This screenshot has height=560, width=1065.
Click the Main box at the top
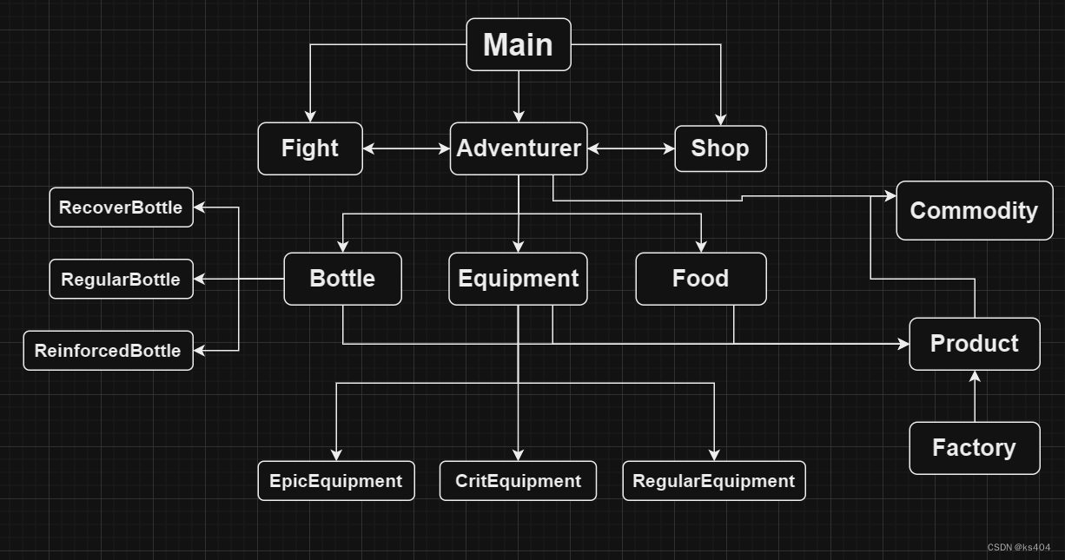click(x=519, y=44)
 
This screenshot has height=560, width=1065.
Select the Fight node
click(x=310, y=148)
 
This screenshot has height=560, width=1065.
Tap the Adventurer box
click(x=519, y=148)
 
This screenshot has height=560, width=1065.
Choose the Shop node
click(x=720, y=148)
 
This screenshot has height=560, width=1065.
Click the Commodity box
click(x=974, y=211)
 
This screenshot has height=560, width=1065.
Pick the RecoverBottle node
click(x=121, y=208)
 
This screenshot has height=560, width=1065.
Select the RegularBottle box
click(x=121, y=280)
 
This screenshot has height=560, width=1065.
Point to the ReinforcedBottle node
click(x=108, y=351)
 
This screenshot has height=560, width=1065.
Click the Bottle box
click(x=342, y=279)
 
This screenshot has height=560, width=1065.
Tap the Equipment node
click(x=518, y=279)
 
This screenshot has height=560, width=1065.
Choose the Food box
click(x=700, y=279)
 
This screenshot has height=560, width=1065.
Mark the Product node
click(x=974, y=344)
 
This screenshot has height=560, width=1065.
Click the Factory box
click(x=974, y=448)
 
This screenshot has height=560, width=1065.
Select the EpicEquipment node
click(x=335, y=481)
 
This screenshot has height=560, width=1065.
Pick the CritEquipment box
click(x=518, y=481)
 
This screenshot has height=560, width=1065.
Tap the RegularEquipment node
click(x=713, y=481)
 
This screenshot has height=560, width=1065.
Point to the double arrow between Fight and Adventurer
click(x=406, y=148)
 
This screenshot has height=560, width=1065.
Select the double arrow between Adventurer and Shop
click(x=631, y=148)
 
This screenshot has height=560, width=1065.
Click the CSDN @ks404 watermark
click(x=1018, y=547)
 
